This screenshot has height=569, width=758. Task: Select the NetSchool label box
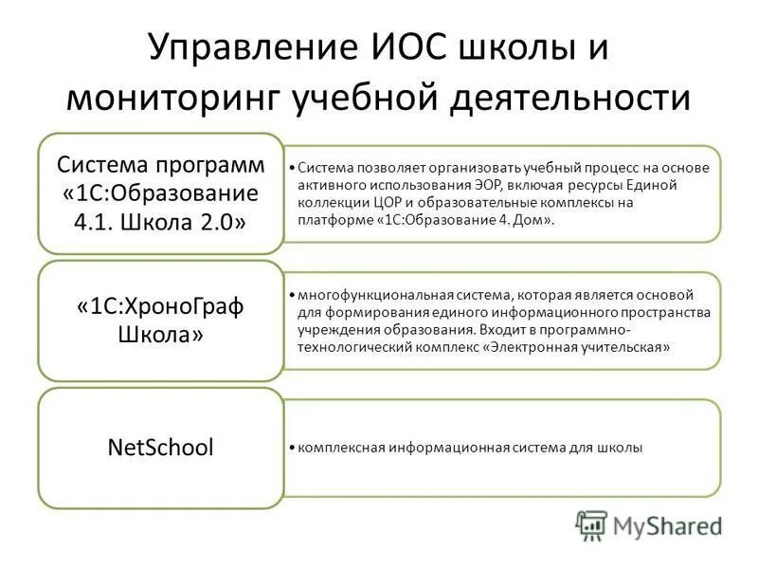click(x=160, y=448)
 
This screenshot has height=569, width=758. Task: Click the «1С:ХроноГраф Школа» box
click(x=160, y=321)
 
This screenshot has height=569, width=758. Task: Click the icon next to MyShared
click(x=591, y=524)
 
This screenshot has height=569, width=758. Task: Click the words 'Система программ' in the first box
click(x=160, y=164)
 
